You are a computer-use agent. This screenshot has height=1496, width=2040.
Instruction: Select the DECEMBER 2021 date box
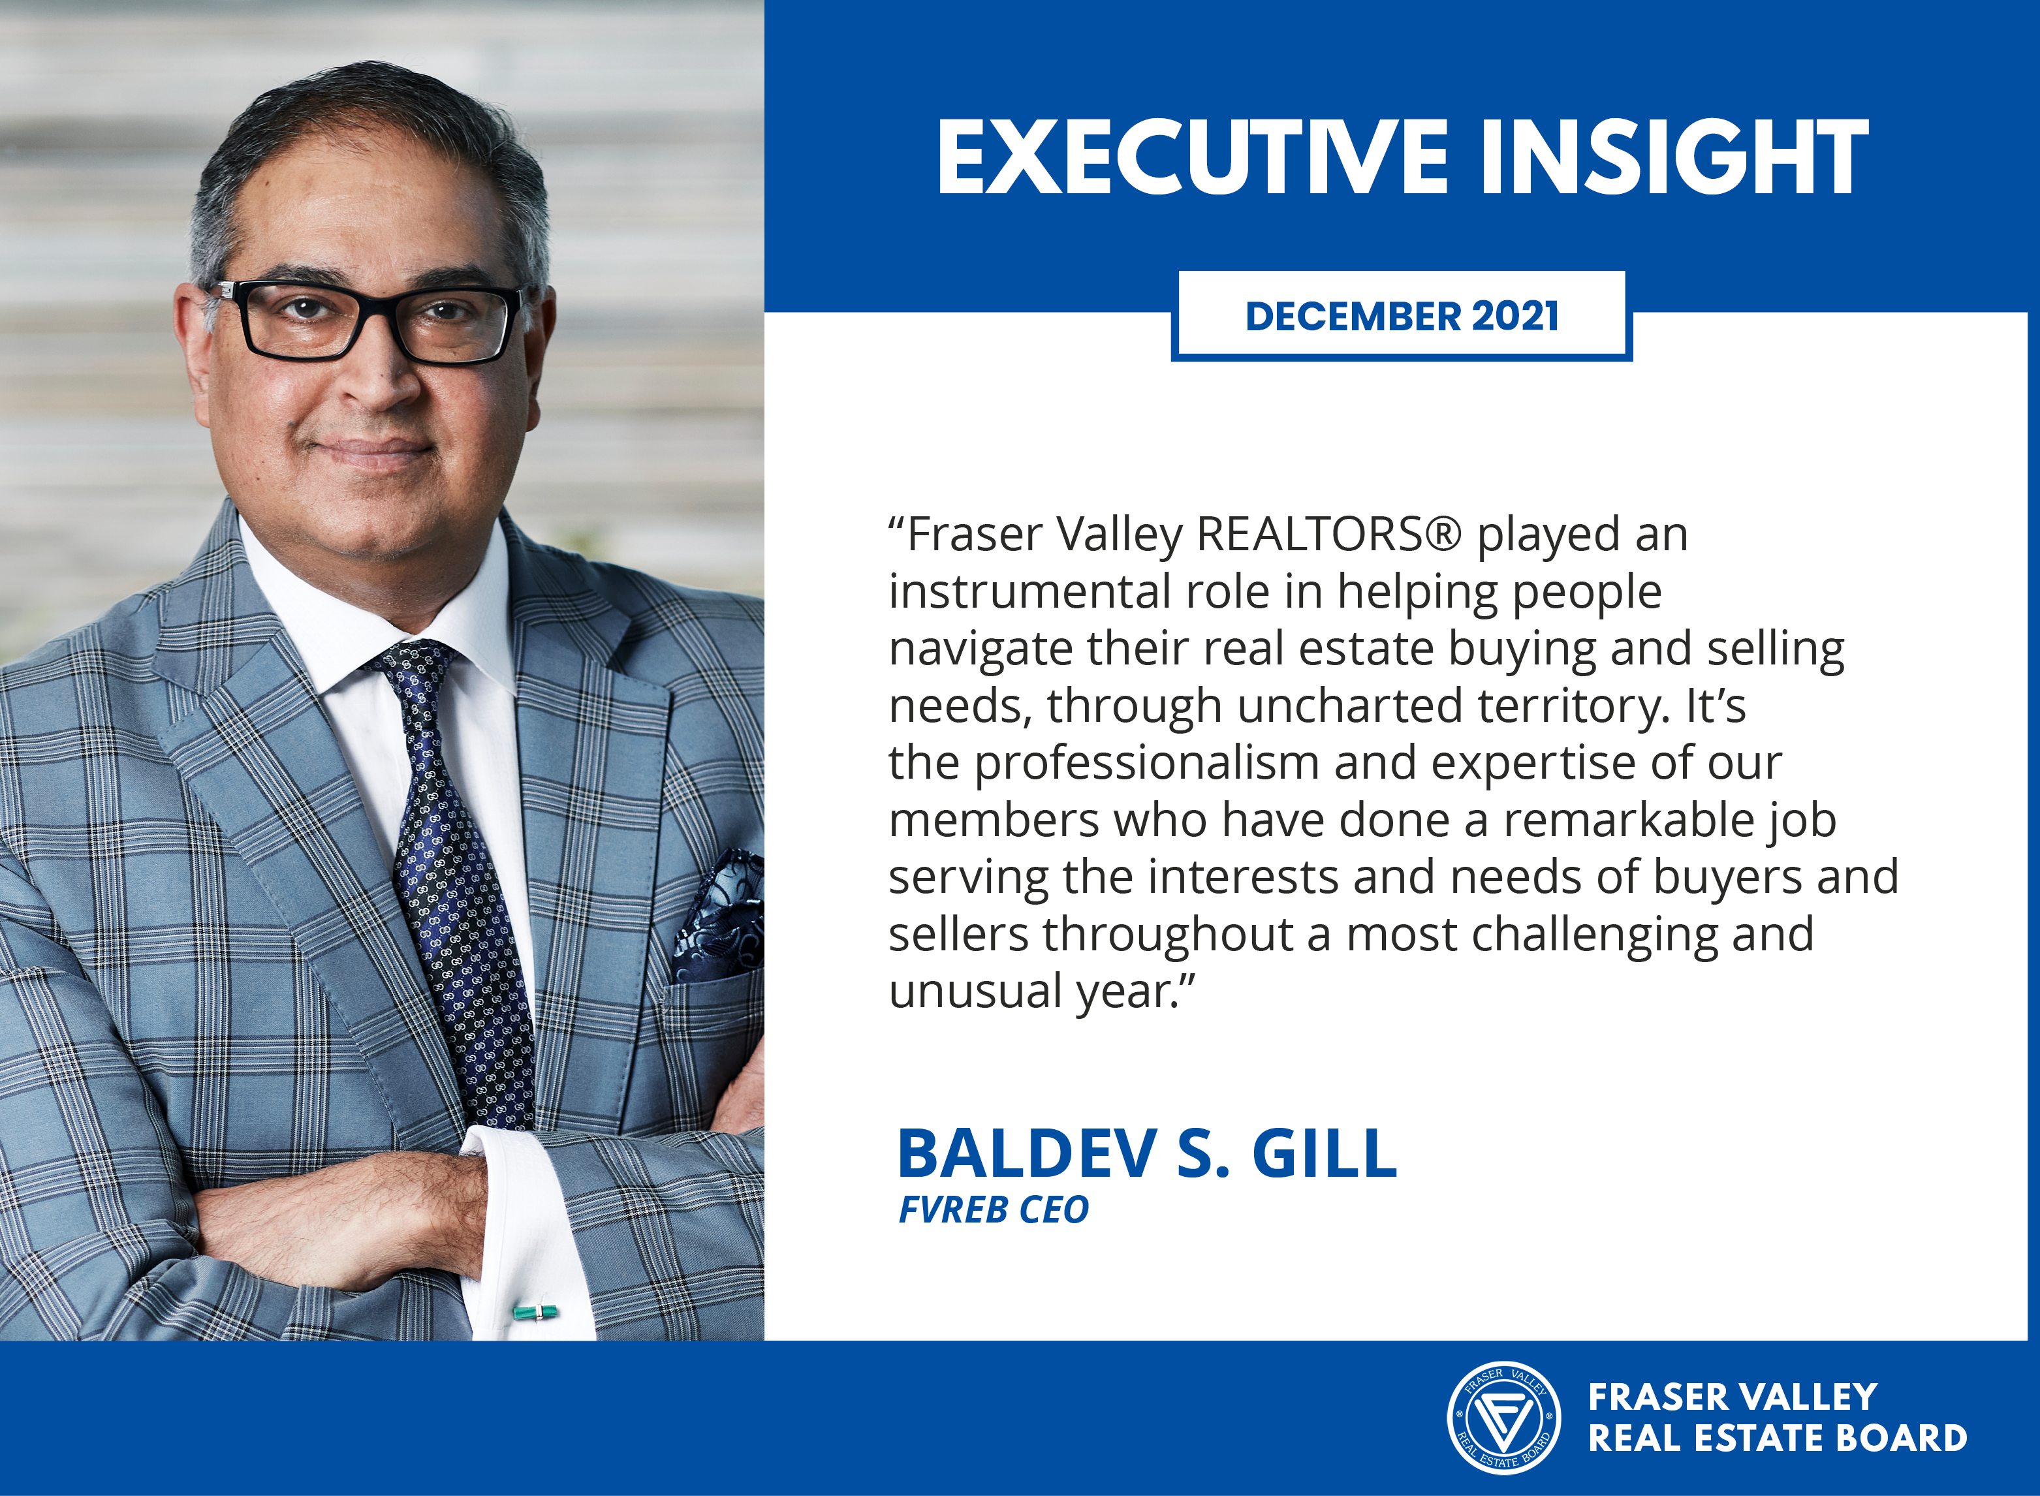(1401, 316)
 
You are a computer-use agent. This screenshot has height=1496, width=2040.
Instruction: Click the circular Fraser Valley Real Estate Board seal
(1503, 1418)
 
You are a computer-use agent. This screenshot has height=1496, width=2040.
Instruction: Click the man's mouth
(369, 449)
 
